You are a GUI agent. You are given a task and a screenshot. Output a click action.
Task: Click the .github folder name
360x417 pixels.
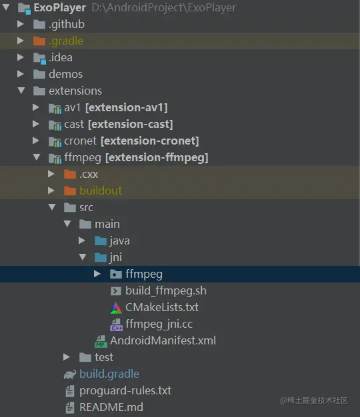click(x=67, y=25)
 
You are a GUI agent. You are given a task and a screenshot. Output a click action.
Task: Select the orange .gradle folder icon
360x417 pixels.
click(x=39, y=41)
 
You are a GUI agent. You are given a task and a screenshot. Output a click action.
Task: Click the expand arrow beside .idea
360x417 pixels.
click(x=21, y=57)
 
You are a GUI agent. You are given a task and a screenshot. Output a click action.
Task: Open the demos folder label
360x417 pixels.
click(x=65, y=74)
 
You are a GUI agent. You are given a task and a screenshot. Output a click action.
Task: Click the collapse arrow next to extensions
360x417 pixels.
click(x=21, y=91)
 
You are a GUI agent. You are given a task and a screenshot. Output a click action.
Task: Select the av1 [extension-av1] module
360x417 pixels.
click(x=116, y=108)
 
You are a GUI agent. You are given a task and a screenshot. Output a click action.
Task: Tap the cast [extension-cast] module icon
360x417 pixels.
click(x=55, y=125)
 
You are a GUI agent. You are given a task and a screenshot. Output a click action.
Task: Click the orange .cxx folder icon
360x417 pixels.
click(x=70, y=174)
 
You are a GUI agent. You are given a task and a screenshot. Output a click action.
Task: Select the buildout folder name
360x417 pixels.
click(x=101, y=191)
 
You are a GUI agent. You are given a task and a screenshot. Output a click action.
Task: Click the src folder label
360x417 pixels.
click(x=86, y=207)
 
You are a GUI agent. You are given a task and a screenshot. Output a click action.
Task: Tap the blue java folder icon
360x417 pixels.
click(x=101, y=241)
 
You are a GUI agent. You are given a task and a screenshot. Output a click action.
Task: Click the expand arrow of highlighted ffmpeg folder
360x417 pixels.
click(x=97, y=274)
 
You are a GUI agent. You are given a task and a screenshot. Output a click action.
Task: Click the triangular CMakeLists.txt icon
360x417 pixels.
click(x=116, y=308)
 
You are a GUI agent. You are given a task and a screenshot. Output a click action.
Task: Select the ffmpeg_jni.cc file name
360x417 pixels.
click(x=159, y=324)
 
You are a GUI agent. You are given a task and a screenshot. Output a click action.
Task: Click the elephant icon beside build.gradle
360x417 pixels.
click(x=70, y=374)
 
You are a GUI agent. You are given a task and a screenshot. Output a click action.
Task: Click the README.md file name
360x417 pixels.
click(x=111, y=407)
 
